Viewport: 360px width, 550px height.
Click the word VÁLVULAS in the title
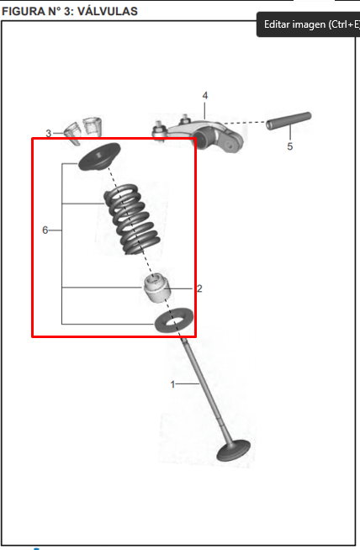(x=107, y=11)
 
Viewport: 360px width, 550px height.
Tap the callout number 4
(x=205, y=95)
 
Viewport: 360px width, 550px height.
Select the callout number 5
(x=290, y=146)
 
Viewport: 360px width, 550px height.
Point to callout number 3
(x=49, y=133)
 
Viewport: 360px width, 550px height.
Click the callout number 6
(x=45, y=230)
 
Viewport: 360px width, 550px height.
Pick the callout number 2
(x=199, y=288)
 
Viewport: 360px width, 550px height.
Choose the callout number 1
(x=172, y=384)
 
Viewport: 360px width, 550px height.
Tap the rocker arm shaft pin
(x=289, y=120)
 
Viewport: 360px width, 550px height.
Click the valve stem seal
(x=156, y=288)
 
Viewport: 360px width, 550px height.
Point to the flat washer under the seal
(x=174, y=320)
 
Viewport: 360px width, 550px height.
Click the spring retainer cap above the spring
(x=99, y=156)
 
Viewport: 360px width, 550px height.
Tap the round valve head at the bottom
(x=233, y=451)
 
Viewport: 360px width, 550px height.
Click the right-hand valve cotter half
(x=93, y=127)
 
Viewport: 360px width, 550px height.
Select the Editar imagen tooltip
(x=309, y=24)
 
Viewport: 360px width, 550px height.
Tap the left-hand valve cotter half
(x=73, y=134)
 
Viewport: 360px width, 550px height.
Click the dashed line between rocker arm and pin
(x=245, y=123)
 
